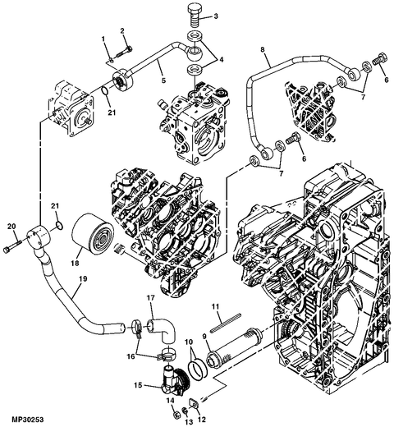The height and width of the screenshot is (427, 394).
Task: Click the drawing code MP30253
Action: tap(28, 420)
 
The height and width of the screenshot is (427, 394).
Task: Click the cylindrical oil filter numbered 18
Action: tap(92, 235)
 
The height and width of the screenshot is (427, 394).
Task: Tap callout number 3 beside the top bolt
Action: tap(216, 16)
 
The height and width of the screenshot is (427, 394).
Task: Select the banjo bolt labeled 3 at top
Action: tap(195, 15)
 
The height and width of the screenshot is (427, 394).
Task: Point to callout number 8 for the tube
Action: tap(263, 49)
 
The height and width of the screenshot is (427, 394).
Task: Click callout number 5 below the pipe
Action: tap(163, 80)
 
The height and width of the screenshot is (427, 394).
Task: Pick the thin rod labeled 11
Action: tap(226, 323)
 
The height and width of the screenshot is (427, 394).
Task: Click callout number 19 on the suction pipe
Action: tap(83, 279)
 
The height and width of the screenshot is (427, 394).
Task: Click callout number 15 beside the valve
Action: tap(138, 385)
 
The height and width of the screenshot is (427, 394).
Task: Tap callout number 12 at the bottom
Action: tap(203, 419)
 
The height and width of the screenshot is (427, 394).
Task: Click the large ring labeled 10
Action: tap(198, 370)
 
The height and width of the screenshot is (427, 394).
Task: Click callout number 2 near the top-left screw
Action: tap(122, 30)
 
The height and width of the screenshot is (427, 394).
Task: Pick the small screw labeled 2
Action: tap(122, 53)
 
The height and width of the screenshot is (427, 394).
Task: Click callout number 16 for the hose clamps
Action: tap(131, 357)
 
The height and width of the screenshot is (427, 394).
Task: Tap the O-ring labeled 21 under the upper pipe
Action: tap(105, 91)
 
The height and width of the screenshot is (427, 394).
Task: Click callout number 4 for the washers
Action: tap(221, 59)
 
